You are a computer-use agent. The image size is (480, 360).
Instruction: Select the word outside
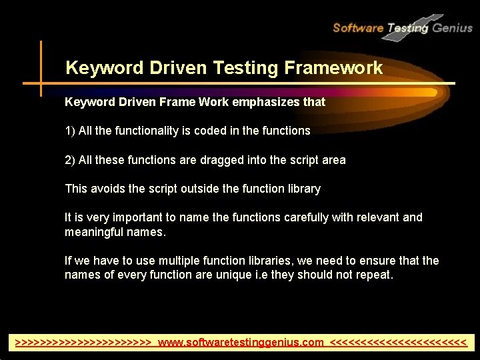point(199,189)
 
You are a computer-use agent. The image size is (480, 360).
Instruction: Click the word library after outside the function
point(303,189)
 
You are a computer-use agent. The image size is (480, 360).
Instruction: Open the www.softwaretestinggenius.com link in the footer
point(241,343)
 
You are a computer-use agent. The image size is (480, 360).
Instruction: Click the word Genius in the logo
point(453,27)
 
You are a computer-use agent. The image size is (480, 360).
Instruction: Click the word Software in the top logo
point(357,27)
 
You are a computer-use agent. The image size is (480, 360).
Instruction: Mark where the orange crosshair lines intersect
point(41,84)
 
